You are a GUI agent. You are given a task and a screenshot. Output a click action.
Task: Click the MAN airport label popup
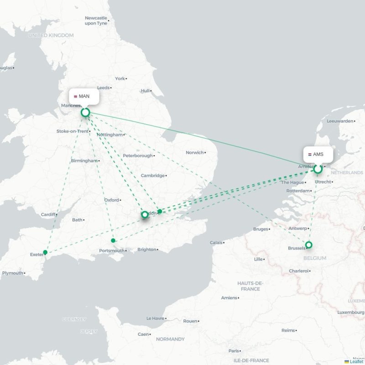click(x=84, y=96)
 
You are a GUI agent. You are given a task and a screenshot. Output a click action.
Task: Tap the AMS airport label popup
click(x=318, y=154)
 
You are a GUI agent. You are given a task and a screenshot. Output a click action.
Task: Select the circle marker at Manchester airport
click(x=85, y=112)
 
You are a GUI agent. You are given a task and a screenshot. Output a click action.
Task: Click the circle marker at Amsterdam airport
click(x=318, y=169)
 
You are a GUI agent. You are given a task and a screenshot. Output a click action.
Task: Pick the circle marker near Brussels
click(x=309, y=245)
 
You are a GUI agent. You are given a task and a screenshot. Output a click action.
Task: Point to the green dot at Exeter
click(x=45, y=252)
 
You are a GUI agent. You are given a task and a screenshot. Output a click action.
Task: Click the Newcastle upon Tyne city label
click(x=96, y=21)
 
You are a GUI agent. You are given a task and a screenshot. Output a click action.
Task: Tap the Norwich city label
click(x=194, y=152)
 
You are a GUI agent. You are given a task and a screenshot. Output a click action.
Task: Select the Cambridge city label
click(x=152, y=176)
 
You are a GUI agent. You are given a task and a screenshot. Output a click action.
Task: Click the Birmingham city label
click(x=84, y=161)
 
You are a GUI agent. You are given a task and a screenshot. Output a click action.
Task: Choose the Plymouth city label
click(x=12, y=273)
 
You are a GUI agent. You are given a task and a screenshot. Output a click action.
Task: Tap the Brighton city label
click(x=146, y=250)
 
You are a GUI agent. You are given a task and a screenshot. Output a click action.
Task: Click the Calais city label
click(x=217, y=243)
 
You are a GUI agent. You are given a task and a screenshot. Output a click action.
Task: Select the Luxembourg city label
click(x=350, y=312)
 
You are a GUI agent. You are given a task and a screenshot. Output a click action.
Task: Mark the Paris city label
click(x=234, y=351)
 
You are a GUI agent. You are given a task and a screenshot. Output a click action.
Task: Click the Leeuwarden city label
click(x=340, y=121)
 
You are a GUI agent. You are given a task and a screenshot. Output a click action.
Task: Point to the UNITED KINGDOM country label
click(x=51, y=35)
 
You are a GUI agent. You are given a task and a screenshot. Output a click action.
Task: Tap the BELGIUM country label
click(x=314, y=258)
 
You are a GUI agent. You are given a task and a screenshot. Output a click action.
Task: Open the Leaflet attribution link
click(x=356, y=362)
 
